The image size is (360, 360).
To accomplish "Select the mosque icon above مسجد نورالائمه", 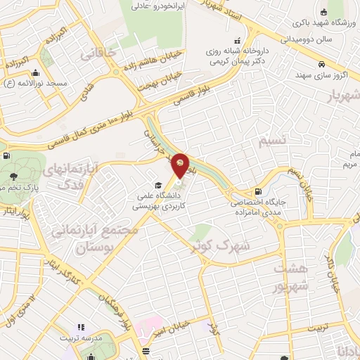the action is tap(35, 72).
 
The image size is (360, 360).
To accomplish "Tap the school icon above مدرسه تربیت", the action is tap(80, 328).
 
